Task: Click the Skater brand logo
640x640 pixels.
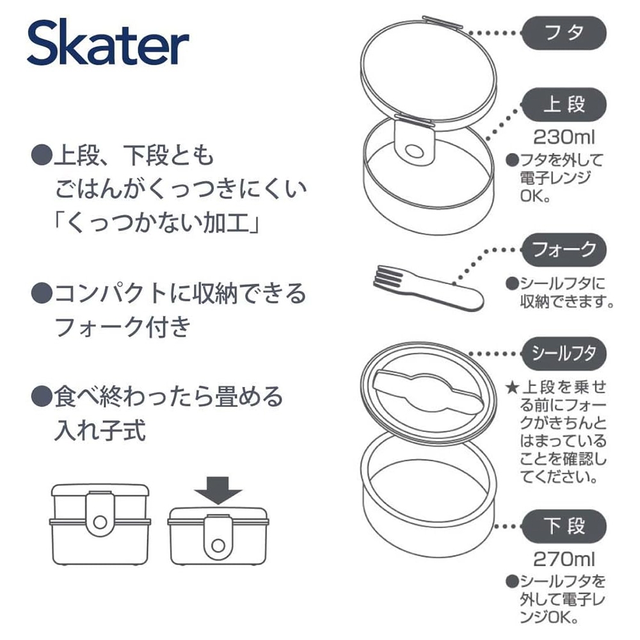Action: [108, 42]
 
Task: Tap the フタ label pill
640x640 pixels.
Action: [564, 33]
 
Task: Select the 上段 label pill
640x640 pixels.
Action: [564, 104]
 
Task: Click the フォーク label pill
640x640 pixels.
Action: [564, 250]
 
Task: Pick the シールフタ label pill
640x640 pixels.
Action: [564, 353]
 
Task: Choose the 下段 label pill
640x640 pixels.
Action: [564, 526]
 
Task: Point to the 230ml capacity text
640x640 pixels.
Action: [564, 137]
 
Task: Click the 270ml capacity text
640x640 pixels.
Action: [564, 559]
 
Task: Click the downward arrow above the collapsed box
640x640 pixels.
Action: [218, 490]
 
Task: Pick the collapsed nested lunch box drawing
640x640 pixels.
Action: [218, 536]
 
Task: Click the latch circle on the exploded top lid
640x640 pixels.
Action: [414, 152]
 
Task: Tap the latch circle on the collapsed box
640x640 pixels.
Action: [218, 545]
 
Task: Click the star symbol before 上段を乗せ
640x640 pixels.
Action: [512, 387]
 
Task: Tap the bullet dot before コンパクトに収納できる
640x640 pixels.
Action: [42, 293]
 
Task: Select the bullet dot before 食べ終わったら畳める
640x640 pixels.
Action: [42, 396]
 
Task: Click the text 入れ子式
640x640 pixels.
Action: [100, 431]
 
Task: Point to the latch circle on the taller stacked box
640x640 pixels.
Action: [100, 522]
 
